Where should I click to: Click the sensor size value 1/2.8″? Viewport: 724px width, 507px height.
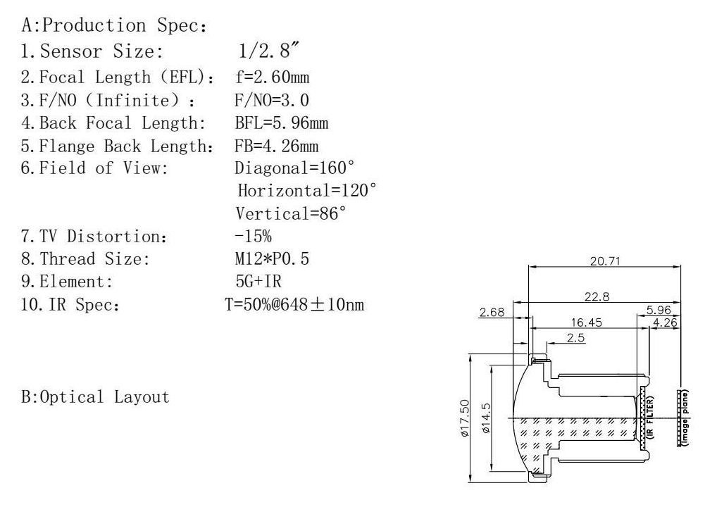point(269,50)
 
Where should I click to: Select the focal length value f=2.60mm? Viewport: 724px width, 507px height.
point(273,77)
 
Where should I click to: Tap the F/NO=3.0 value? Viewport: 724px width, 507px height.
point(272,100)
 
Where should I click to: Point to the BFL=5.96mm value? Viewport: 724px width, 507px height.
point(281,123)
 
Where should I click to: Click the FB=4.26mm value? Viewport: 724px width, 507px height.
point(276,146)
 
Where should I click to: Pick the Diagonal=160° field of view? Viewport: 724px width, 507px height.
point(294,168)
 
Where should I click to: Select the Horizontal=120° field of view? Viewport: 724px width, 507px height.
point(307,190)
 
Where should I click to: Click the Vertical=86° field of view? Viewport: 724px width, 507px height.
point(290,213)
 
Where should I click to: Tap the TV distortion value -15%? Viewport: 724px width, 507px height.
point(253,236)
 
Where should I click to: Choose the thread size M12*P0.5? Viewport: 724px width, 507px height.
point(272,258)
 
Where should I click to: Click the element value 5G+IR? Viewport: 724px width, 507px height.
point(258,281)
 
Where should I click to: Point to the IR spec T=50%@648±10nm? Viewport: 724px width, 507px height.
point(294,304)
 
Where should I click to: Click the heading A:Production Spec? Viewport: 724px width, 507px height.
point(114,25)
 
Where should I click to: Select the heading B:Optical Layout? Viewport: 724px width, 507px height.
point(96,396)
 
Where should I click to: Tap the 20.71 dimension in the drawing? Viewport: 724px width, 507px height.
point(605,261)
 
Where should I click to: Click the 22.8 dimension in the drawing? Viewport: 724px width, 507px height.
point(597,296)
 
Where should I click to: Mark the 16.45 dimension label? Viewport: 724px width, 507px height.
point(587,323)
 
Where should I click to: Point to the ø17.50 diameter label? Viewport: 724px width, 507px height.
point(465,418)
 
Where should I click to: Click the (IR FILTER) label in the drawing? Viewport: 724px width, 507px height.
point(651,417)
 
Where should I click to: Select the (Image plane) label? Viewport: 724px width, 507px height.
point(685,418)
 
